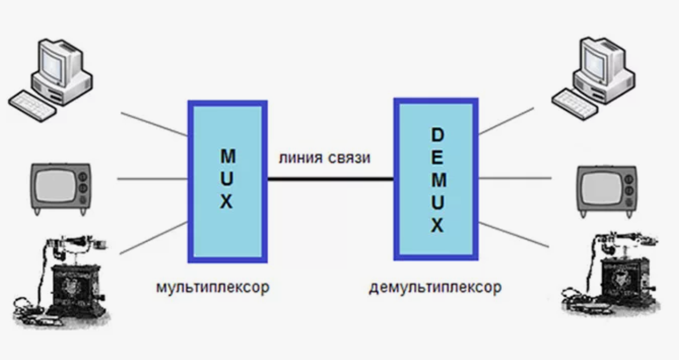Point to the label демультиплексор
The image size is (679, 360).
[435, 287]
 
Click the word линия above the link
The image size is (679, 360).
[301, 158]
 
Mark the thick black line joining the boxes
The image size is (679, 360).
[330, 178]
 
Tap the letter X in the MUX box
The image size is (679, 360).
[227, 202]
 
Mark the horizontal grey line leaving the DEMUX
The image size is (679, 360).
[515, 178]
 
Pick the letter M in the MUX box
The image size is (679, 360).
[228, 157]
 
